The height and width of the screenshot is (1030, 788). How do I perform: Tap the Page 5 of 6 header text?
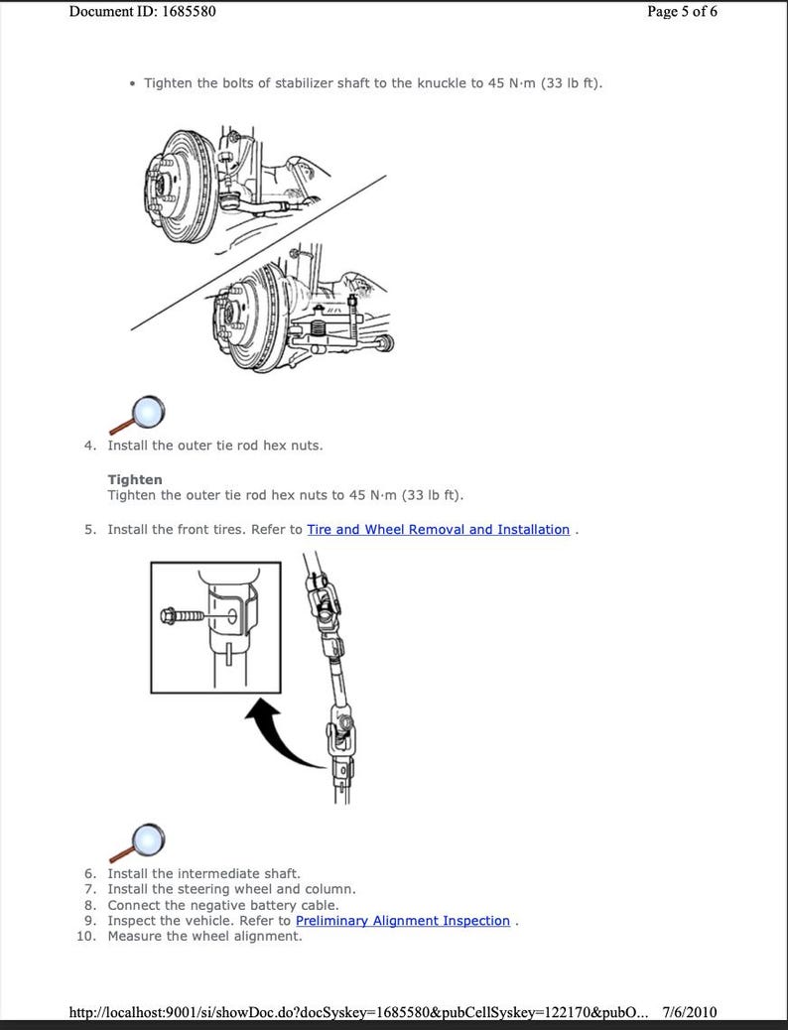coord(682,12)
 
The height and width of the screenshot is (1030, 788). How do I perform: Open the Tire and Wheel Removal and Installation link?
coord(438,530)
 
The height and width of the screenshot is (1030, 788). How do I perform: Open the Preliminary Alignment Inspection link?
coord(402,921)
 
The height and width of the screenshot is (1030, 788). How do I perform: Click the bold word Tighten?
coord(135,480)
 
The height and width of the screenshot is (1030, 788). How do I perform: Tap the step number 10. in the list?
coord(86,936)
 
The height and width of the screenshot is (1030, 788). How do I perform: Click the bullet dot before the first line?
coord(132,83)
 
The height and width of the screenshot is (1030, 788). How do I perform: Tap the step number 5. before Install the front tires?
coord(90,530)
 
